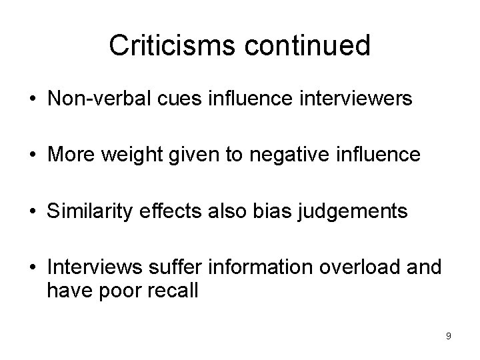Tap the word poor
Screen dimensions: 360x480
click(121, 291)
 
